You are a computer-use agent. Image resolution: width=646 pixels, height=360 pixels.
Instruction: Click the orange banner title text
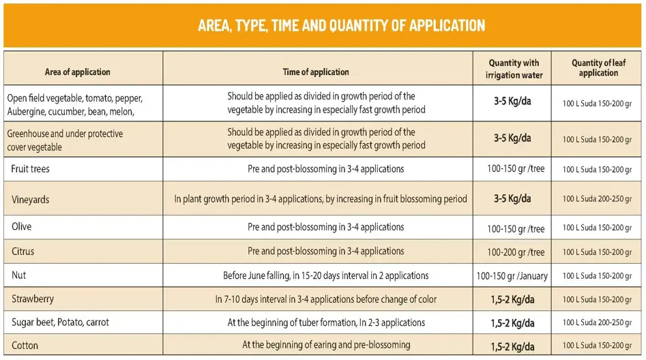click(x=341, y=26)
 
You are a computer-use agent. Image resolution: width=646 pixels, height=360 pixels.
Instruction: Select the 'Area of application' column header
click(x=77, y=72)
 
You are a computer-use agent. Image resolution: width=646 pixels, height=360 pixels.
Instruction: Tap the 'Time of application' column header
click(x=316, y=72)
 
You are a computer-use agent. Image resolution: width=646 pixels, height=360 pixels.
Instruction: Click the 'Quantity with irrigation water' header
click(x=514, y=69)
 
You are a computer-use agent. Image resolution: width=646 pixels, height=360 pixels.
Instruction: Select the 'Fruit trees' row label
click(x=31, y=168)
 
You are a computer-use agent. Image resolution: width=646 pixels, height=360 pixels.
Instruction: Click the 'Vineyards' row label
click(x=30, y=200)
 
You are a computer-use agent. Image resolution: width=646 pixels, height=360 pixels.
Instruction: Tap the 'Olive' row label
click(x=22, y=226)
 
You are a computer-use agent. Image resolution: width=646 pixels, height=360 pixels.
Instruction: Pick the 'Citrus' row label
click(x=23, y=252)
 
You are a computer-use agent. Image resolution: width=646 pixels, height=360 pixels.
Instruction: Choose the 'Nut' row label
click(x=19, y=275)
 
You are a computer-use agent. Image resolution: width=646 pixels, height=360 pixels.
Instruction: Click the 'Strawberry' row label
click(x=33, y=299)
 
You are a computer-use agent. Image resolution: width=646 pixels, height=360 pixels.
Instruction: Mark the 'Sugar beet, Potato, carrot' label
click(x=60, y=322)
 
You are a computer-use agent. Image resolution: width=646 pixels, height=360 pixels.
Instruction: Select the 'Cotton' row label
click(x=25, y=345)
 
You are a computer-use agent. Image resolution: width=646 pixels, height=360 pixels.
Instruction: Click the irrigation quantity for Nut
click(x=514, y=276)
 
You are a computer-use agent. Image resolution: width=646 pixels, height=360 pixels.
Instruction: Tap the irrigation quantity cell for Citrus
click(x=516, y=252)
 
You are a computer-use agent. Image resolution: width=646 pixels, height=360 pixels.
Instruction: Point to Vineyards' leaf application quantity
click(x=597, y=199)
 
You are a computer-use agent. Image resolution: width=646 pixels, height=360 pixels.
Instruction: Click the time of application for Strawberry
click(x=326, y=299)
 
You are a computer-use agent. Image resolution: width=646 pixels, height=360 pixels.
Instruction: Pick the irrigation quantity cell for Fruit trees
click(x=516, y=168)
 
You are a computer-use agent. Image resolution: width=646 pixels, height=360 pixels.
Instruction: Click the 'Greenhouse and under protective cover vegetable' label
click(x=65, y=140)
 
